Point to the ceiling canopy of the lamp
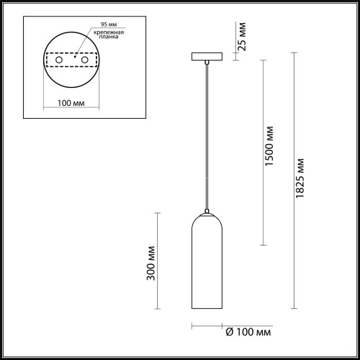[206, 56]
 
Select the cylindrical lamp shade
[206, 266]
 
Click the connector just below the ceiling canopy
[206, 63]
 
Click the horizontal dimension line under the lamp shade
[206, 325]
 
